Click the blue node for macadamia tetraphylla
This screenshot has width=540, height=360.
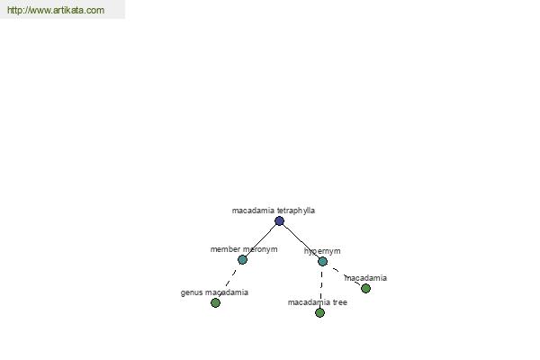point(279,220)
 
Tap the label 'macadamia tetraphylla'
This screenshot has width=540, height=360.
point(274,211)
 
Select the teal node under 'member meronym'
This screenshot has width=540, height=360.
point(242,259)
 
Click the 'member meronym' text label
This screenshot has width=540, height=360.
point(244,249)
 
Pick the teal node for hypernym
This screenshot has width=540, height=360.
point(322,262)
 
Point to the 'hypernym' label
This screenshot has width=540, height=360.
point(322,251)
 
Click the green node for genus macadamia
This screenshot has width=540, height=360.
point(216,302)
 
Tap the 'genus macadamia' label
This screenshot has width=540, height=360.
point(214,292)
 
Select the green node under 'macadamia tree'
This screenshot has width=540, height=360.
point(319,312)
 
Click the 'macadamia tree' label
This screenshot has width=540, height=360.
point(318,302)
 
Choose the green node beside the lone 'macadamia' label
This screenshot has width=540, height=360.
point(365,288)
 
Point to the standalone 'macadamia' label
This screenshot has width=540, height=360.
point(365,278)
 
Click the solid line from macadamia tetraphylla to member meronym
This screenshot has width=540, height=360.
point(261,240)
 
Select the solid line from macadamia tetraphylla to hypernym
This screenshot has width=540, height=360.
point(301,241)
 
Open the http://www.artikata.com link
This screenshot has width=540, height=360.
point(56,10)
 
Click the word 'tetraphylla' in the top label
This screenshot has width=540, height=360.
point(296,211)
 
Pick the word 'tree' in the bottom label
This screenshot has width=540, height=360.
point(340,302)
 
